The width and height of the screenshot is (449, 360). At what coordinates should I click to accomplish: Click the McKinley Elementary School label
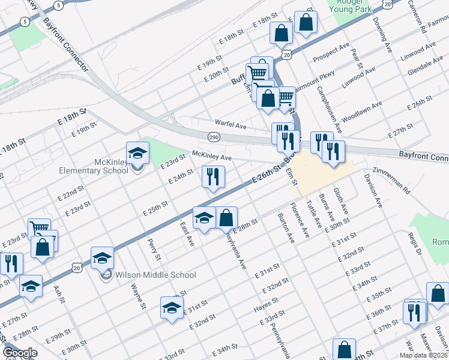94,166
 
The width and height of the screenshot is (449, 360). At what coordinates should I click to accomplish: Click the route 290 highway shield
213,137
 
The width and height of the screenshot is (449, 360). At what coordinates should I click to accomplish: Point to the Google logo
20,353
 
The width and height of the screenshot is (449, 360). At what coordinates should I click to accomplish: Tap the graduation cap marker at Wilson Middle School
103,258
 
